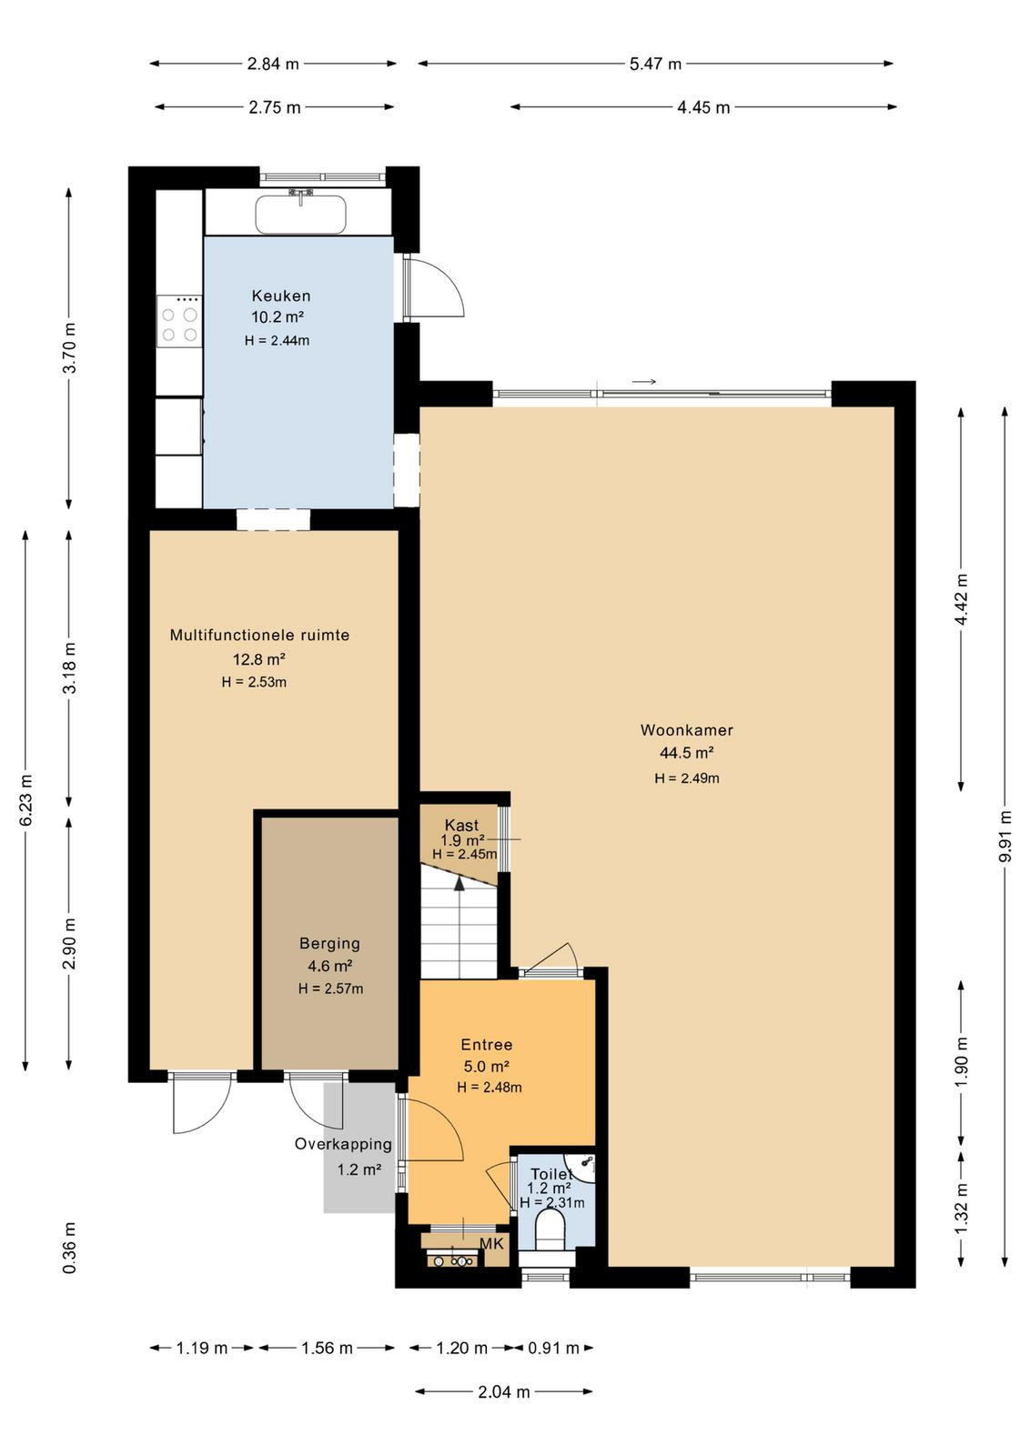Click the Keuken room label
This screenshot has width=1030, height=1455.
[281, 296]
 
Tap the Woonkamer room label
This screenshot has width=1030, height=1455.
[686, 730]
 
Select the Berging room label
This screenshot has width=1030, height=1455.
[329, 944]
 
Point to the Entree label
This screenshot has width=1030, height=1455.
[486, 1045]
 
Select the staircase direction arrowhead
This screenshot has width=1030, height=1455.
[459, 882]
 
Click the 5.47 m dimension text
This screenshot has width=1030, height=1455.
[655, 64]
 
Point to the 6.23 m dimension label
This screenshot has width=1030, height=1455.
[26, 800]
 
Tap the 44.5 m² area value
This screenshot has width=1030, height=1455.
[687, 754]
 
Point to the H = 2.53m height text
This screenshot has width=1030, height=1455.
[254, 682]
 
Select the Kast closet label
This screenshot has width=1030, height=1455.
[461, 825]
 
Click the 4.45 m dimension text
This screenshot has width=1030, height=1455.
[703, 108]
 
